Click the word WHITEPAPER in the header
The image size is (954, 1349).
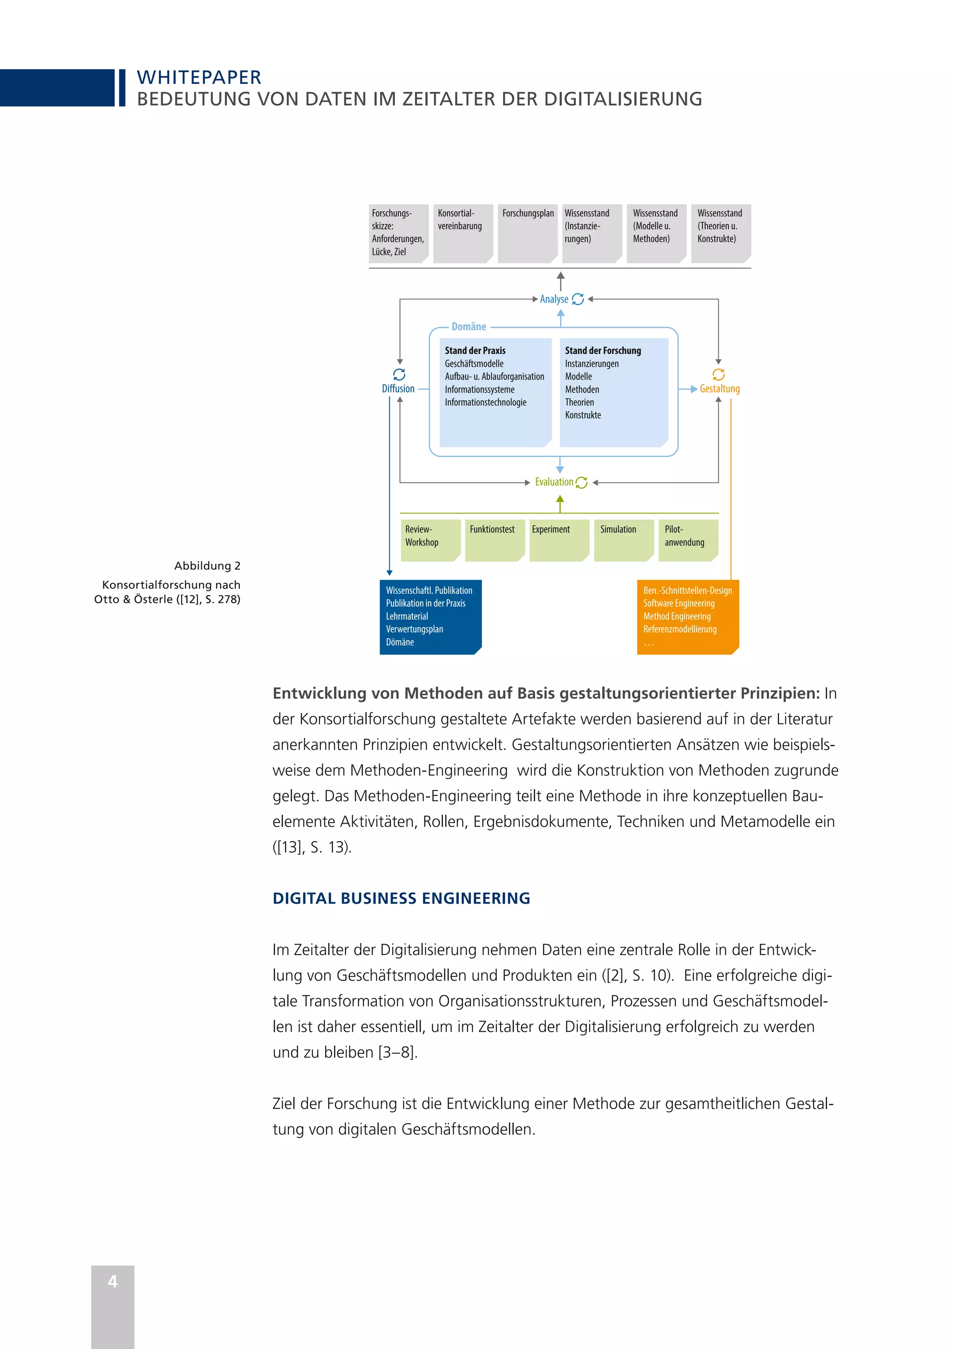[199, 77]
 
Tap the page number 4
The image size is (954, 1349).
[113, 1281]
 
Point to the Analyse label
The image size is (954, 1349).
[554, 299]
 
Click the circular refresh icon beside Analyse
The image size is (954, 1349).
[578, 299]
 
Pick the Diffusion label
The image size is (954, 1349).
[398, 388]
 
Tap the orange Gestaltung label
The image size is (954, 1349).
[720, 388]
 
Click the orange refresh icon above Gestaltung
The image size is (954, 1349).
[718, 374]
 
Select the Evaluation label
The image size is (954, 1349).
[554, 482]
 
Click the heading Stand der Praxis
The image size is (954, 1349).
[475, 350]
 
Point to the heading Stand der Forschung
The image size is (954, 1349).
[603, 350]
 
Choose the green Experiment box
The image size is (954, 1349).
[559, 540]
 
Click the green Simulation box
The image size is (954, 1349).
[623, 540]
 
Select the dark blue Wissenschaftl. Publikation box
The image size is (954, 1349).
[430, 616]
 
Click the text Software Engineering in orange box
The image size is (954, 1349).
[679, 603]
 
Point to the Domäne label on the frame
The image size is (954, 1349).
[469, 327]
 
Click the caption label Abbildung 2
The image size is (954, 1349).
[207, 566]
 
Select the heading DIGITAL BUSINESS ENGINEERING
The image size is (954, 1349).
[401, 899]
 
